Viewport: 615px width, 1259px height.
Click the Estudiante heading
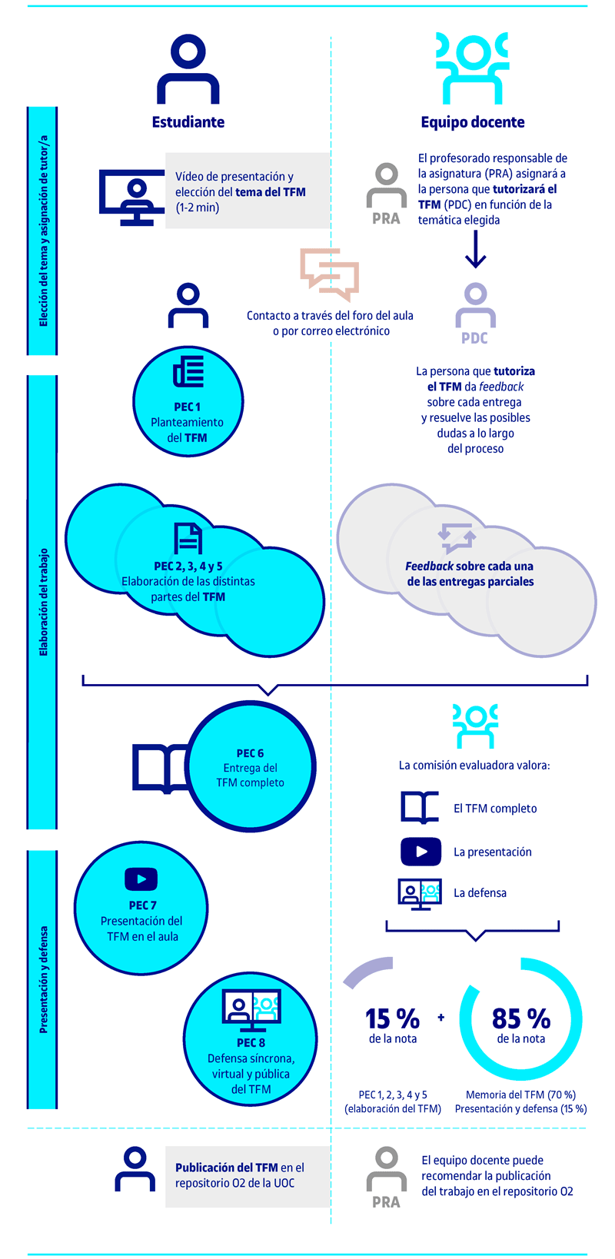tap(188, 122)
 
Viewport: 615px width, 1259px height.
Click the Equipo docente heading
tap(473, 122)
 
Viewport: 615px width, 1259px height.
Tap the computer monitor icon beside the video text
tap(132, 198)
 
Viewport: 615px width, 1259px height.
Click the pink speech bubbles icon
tap(330, 274)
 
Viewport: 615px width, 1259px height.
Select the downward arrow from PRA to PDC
tap(476, 249)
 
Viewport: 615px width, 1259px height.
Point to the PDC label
tap(474, 337)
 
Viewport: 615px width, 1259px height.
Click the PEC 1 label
tap(188, 407)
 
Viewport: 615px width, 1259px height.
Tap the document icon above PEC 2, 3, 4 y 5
tap(188, 538)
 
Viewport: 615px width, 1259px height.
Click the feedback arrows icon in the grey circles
tap(457, 538)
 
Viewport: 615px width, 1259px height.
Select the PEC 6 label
tap(250, 753)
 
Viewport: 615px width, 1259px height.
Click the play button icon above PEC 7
tap(141, 879)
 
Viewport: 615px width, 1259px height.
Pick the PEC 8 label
tap(251, 1042)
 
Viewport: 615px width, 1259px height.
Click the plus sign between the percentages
tap(441, 1017)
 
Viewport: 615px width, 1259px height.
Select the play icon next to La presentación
tap(421, 852)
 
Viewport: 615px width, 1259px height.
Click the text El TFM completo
tap(495, 809)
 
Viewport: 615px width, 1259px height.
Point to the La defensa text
tap(480, 892)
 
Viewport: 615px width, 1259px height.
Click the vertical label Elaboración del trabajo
tap(43, 603)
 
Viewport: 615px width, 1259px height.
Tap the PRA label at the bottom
tap(386, 1202)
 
